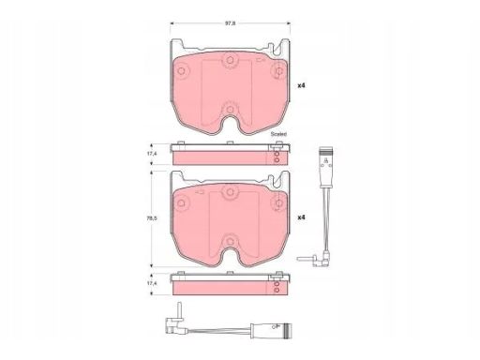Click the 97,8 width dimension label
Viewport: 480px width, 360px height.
231,22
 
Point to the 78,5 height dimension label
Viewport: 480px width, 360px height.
153,218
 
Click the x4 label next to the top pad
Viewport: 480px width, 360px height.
301,85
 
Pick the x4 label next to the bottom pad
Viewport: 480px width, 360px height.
301,217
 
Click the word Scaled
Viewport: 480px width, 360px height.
278,134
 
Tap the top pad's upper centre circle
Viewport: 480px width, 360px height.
230,60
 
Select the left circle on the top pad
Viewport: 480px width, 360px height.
181,71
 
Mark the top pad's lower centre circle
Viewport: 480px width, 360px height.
230,110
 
